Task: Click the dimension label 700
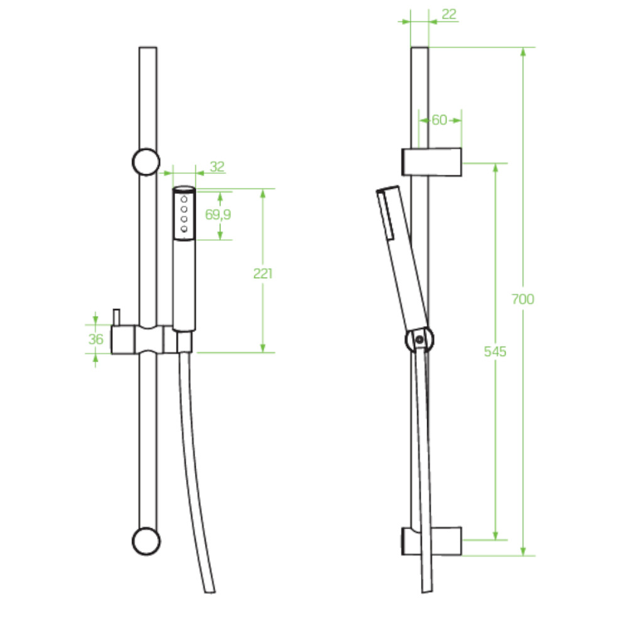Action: point(522,299)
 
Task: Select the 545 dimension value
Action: point(495,351)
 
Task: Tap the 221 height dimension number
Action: point(263,273)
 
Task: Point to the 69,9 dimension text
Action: point(218,214)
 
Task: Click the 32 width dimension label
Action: point(217,166)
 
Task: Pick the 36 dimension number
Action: point(95,339)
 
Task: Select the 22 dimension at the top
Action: point(449,14)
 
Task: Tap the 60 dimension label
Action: point(440,120)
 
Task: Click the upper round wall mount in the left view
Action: point(146,162)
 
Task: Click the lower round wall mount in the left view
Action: point(146,541)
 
